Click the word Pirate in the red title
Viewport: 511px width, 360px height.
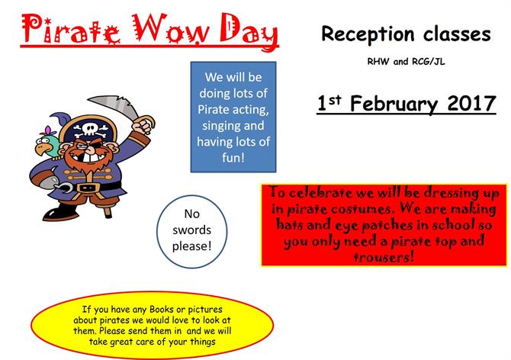point(71,29)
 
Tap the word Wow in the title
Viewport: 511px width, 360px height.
point(171,29)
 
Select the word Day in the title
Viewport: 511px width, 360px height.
point(249,32)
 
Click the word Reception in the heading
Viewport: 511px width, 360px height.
point(368,34)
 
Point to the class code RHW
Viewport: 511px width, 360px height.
point(378,61)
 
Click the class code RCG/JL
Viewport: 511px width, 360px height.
point(428,61)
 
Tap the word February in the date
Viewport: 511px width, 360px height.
point(394,104)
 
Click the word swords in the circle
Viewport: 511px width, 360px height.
point(191,230)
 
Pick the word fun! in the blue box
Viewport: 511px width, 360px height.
point(233,158)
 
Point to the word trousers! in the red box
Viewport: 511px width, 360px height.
point(384,258)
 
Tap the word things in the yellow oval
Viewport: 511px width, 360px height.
point(203,342)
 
